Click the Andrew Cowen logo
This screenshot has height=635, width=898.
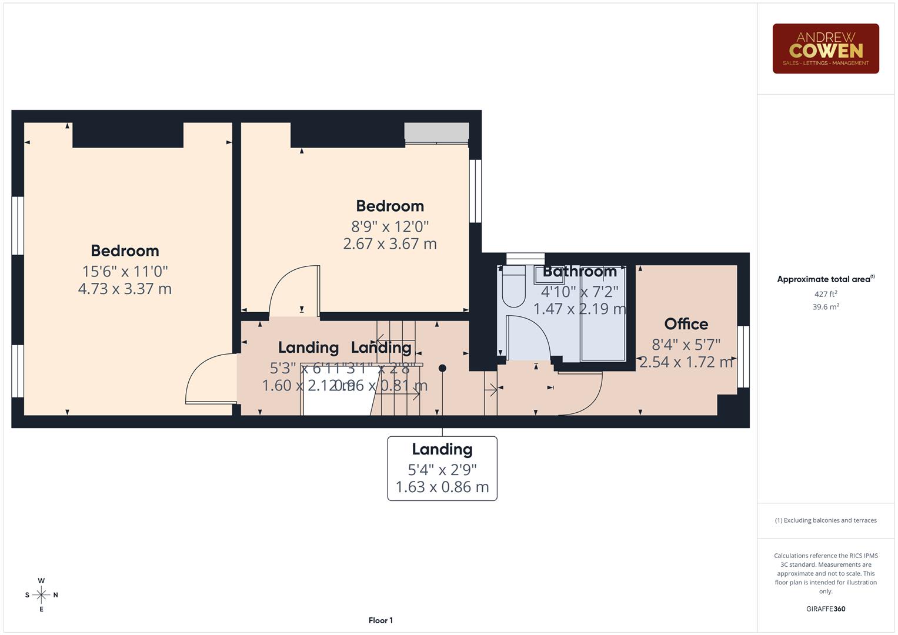click(x=825, y=49)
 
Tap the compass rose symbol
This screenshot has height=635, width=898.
click(x=41, y=594)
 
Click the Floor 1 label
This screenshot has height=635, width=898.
click(x=380, y=620)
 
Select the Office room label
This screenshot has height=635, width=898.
click(x=686, y=324)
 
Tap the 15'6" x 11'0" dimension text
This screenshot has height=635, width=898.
click(x=125, y=271)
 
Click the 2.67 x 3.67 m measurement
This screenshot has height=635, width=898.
click(x=390, y=243)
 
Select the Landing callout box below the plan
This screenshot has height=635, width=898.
click(x=442, y=468)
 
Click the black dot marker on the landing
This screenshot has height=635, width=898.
click(x=442, y=368)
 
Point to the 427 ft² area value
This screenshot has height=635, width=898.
click(x=825, y=294)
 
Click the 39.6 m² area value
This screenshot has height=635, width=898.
click(x=825, y=306)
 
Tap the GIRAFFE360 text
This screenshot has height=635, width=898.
click(x=825, y=609)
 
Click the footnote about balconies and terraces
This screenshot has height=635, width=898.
click(x=825, y=520)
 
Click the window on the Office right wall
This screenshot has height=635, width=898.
click(x=743, y=356)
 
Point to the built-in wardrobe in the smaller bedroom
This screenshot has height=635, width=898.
click(x=436, y=132)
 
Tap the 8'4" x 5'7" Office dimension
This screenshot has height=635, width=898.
click(x=686, y=345)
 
